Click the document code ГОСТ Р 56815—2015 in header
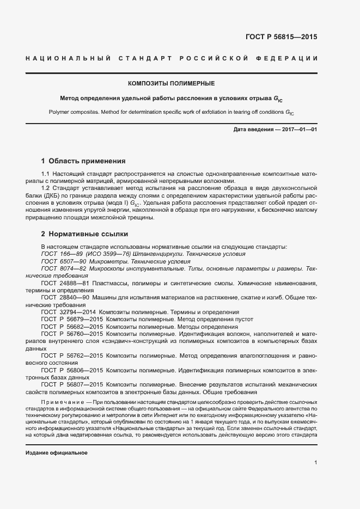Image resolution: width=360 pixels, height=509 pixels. (282, 38)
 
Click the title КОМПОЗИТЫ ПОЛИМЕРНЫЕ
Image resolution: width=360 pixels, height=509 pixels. (171, 84)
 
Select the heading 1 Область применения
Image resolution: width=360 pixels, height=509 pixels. (83, 161)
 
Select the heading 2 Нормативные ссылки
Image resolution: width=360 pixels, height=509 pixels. (84, 234)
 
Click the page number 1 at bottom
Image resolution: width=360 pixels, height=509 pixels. (315, 462)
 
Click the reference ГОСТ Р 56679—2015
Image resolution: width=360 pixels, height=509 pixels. (72, 319)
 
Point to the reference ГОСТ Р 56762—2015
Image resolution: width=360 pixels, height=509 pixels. (72, 355)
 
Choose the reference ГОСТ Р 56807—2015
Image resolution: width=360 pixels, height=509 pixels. (72, 384)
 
